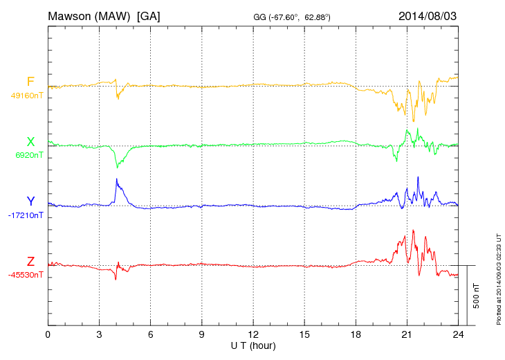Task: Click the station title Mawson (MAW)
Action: click(x=90, y=15)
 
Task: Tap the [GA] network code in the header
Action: click(x=149, y=15)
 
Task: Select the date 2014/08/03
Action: click(x=427, y=15)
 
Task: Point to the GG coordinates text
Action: click(x=293, y=17)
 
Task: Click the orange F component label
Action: click(x=30, y=82)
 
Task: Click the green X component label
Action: click(x=30, y=142)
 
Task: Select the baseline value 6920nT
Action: click(x=29, y=155)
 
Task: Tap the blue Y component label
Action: click(x=30, y=201)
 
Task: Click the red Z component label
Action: click(x=30, y=261)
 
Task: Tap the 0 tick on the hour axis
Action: click(x=48, y=334)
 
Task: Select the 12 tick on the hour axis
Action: click(x=252, y=334)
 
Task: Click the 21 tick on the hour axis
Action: click(x=407, y=334)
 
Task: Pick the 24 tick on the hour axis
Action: click(x=458, y=334)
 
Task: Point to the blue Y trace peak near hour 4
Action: click(x=117, y=179)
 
